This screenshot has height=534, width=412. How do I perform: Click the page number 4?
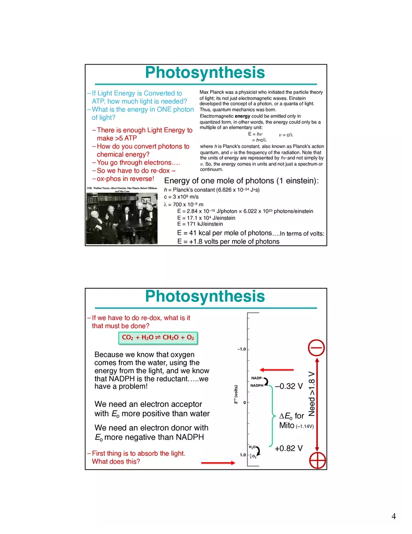click(394, 517)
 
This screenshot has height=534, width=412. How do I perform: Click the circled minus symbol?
click(318, 348)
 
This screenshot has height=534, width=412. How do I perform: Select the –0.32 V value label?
click(289, 386)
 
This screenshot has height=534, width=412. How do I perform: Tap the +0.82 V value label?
click(288, 449)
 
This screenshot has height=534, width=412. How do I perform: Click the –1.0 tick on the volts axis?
click(242, 350)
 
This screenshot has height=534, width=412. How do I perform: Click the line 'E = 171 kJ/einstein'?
click(199, 224)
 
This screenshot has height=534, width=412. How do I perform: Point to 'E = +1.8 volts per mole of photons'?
click(228, 242)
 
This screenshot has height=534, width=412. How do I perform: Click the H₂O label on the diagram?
click(252, 448)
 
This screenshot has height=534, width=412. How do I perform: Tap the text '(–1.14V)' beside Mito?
click(304, 427)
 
